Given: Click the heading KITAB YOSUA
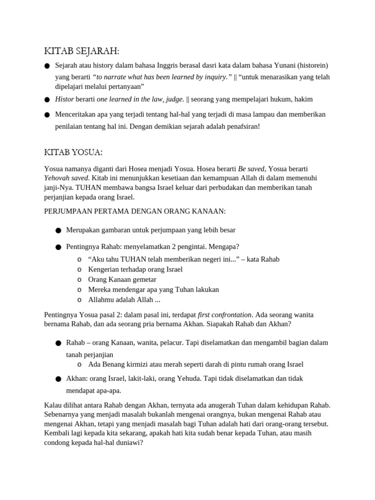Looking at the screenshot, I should [x=73, y=152].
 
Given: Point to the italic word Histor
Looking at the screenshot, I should [x=64, y=99].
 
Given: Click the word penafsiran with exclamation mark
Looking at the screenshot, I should [x=239, y=126].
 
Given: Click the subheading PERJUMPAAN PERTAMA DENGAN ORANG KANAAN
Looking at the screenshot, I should [x=135, y=211].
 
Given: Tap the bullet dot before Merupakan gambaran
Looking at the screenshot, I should [x=59, y=230].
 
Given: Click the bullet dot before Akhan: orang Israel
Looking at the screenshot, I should [x=59, y=379].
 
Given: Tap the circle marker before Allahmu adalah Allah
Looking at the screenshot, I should [x=80, y=300].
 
